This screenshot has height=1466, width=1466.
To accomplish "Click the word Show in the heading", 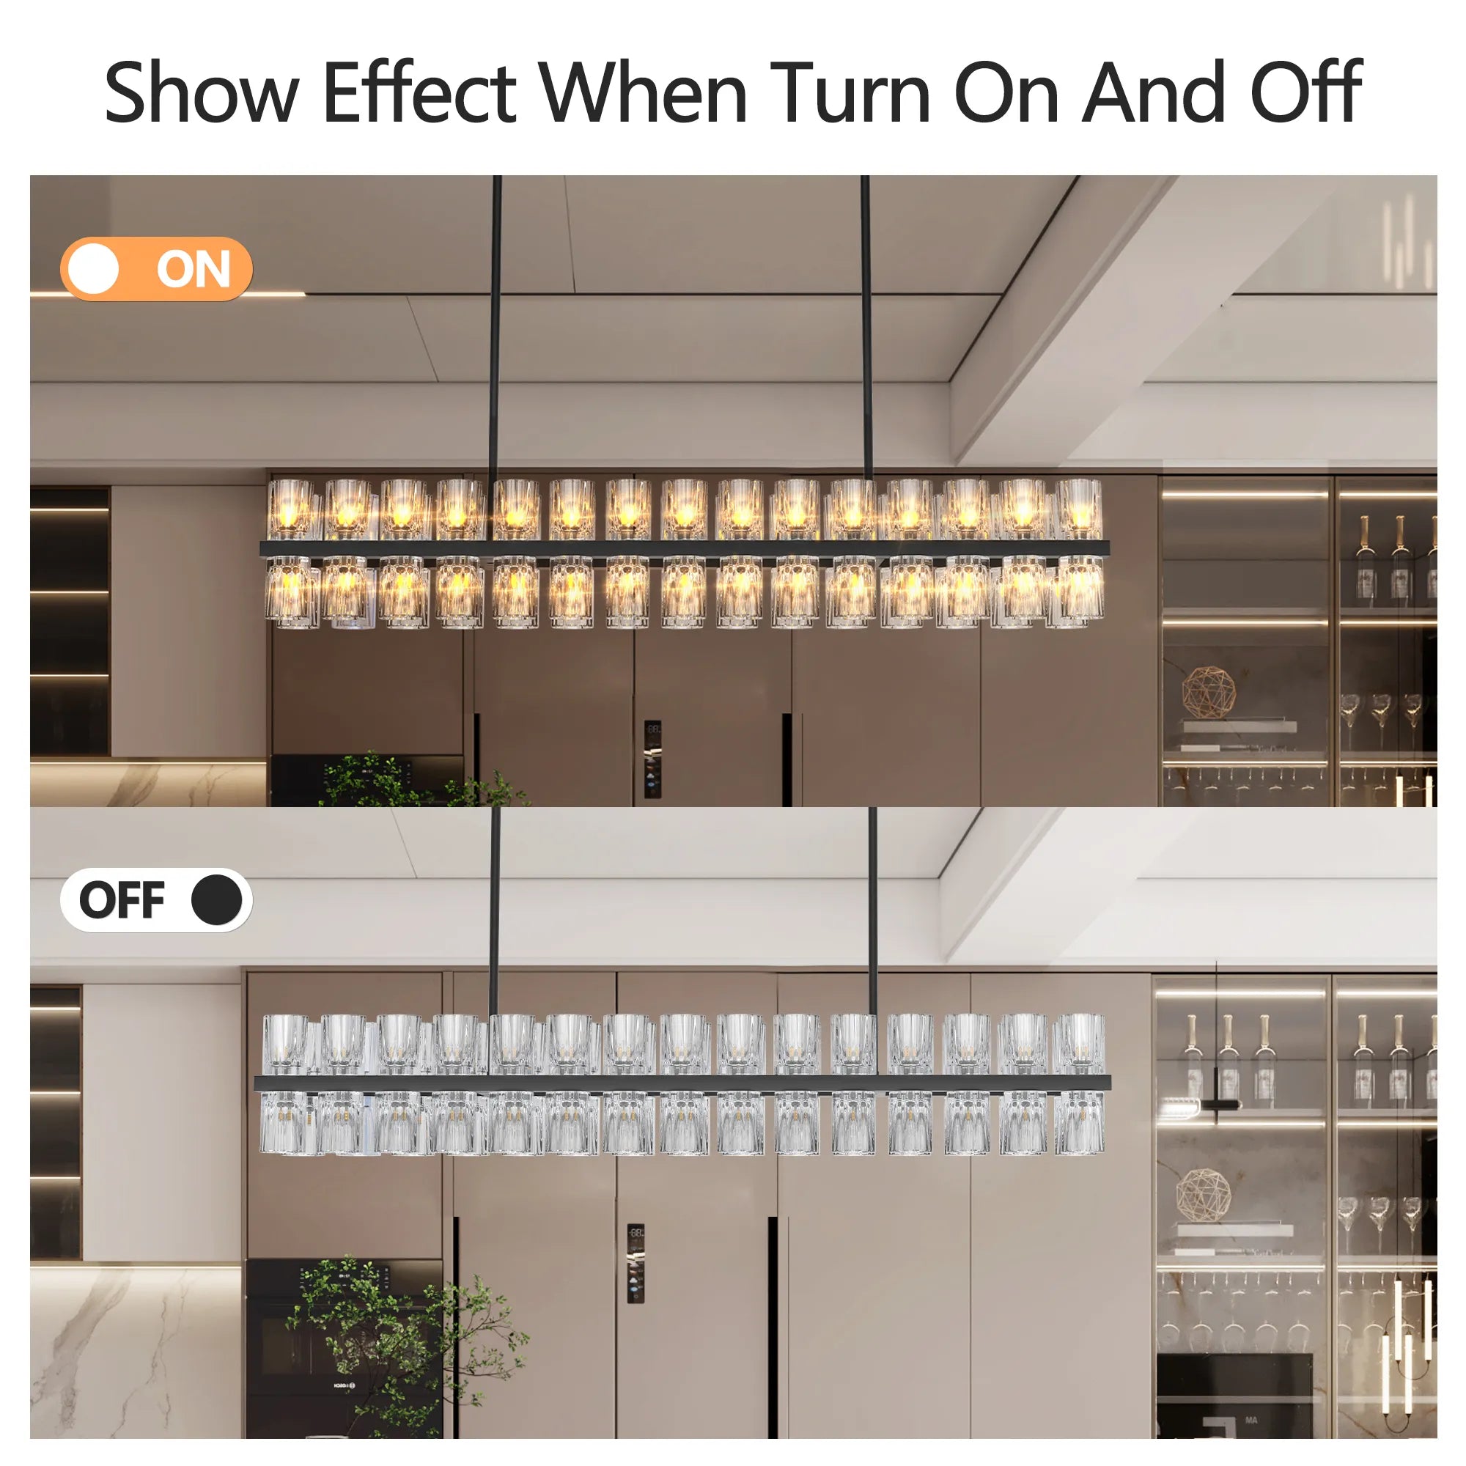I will click(x=201, y=92).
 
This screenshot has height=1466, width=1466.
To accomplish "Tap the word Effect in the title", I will click(x=419, y=92).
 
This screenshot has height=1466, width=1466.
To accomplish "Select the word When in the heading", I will click(x=644, y=92).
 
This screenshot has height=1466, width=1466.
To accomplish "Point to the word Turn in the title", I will click(x=850, y=92).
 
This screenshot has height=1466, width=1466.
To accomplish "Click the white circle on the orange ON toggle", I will click(x=93, y=268).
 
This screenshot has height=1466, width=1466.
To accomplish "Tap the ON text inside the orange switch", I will click(x=193, y=269).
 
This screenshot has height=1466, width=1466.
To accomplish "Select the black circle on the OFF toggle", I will click(x=216, y=900).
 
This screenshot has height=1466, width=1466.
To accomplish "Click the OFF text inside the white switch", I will click(x=122, y=901).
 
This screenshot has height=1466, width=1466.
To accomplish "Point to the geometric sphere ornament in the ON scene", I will click(x=1208, y=692).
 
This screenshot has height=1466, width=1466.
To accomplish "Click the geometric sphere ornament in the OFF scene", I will click(x=1204, y=1195).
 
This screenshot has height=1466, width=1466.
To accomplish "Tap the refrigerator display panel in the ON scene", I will click(x=652, y=759).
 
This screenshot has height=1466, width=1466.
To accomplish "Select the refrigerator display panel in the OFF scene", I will click(x=636, y=1264).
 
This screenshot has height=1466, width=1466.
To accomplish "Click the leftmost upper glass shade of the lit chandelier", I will click(x=290, y=509).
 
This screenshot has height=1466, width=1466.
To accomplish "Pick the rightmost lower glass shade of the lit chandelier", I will click(x=1079, y=592).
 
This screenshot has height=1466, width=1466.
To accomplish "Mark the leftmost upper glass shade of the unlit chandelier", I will click(x=286, y=1043).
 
